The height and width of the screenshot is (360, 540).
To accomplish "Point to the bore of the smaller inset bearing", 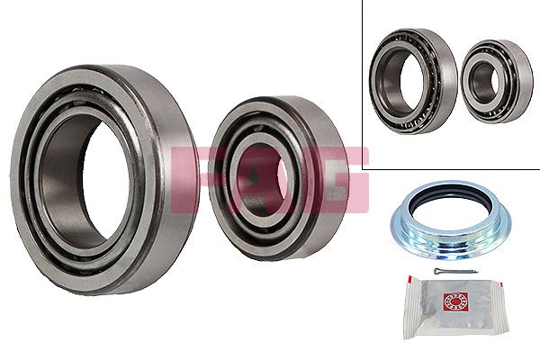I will (x=483, y=82).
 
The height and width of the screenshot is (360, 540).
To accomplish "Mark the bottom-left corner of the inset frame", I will (x=364, y=168).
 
